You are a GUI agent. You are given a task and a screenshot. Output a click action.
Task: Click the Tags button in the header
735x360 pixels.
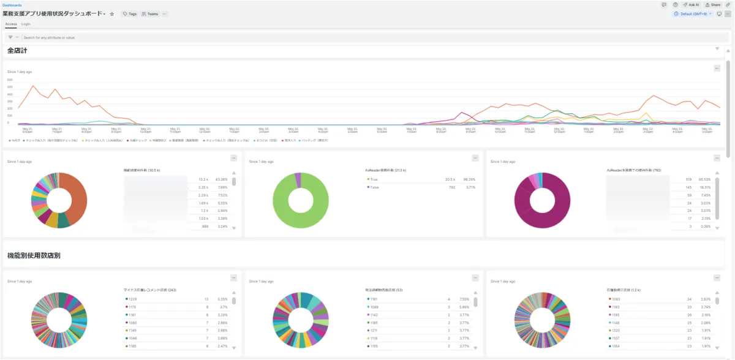pos(129,13)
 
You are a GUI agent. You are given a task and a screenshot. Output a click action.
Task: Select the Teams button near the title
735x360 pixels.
pos(150,13)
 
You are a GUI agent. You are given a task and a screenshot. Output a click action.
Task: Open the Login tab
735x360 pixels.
pos(26,24)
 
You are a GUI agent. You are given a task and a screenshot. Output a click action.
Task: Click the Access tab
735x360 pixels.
pos(11,24)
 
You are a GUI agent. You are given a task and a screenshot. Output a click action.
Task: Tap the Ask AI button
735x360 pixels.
pos(691,4)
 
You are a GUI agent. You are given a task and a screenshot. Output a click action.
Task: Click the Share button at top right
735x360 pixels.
pos(712,4)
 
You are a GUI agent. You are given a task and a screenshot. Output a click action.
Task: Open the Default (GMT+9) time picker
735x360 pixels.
pos(693,13)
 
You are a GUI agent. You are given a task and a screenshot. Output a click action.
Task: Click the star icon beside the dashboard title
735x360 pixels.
pos(112,13)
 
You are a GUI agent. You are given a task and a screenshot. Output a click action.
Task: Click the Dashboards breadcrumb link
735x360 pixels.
pos(12,5)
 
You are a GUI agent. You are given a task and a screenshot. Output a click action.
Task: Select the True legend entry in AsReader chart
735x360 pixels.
pos(374,179)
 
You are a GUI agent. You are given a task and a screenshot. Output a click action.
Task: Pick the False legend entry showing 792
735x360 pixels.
pos(374,187)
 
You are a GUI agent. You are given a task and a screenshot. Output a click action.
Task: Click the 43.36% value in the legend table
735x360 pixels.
pos(222,179)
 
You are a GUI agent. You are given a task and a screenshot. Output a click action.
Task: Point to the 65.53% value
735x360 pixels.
pos(706,179)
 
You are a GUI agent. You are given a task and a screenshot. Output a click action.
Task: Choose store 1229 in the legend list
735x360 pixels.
pos(132,299)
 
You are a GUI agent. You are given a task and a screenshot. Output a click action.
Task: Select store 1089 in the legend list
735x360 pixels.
pos(374,307)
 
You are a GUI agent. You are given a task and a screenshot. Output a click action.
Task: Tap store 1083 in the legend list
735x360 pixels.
pos(616,299)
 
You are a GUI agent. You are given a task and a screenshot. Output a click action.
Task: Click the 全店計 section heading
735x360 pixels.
pos(17,50)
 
